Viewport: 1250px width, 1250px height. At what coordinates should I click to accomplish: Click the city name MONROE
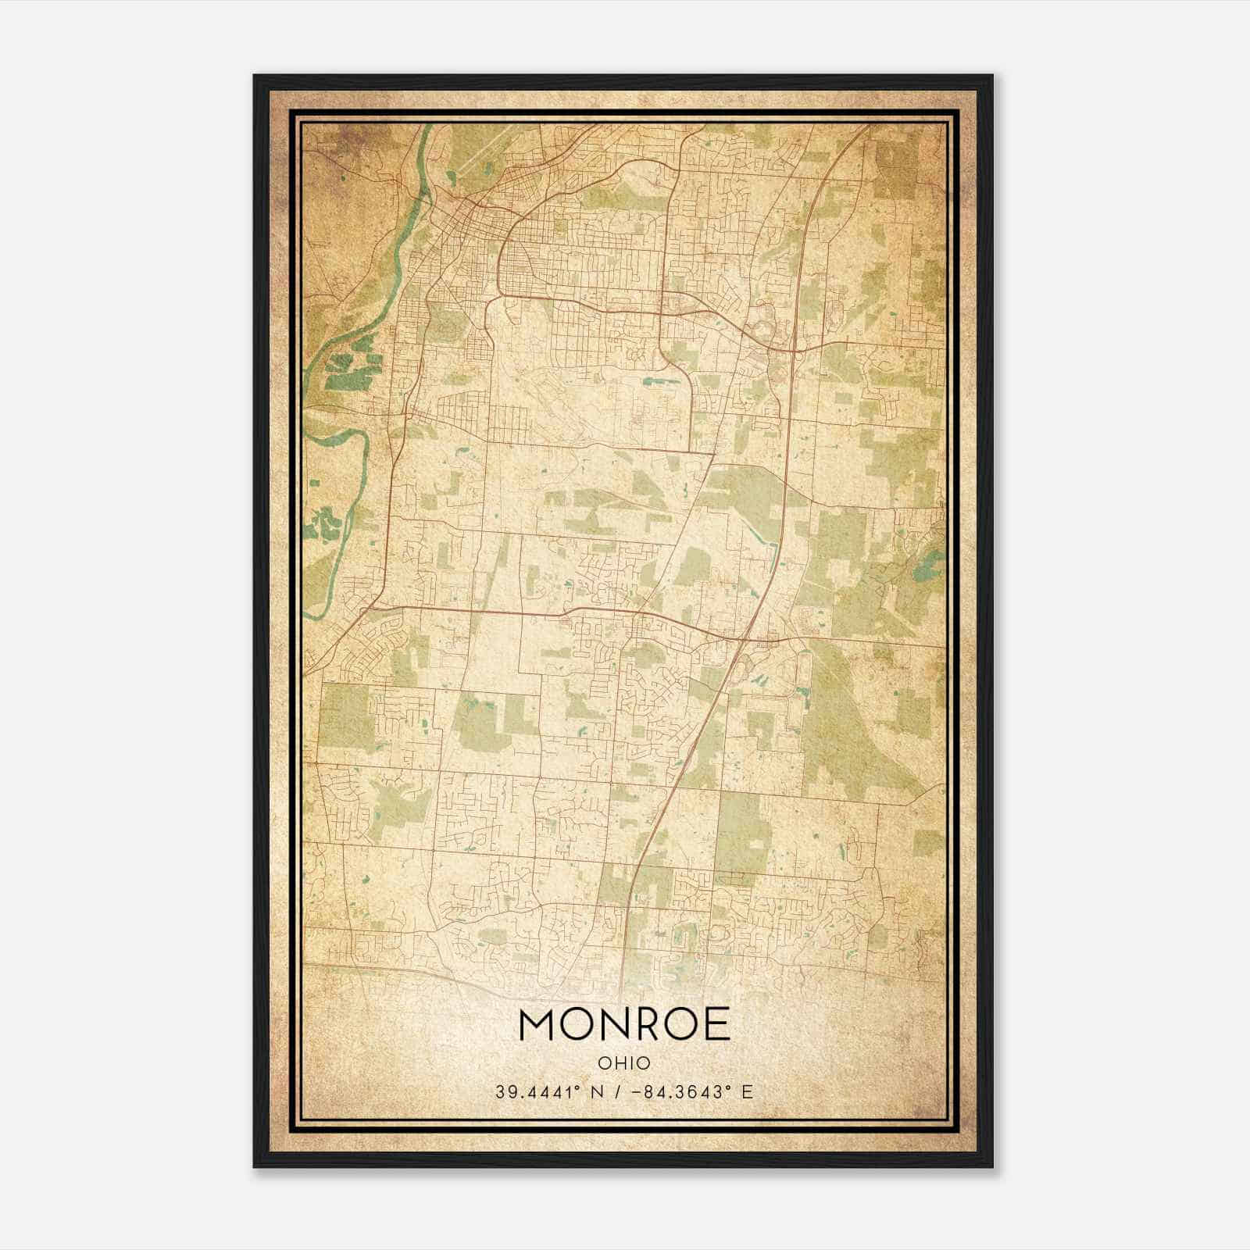(x=624, y=1024)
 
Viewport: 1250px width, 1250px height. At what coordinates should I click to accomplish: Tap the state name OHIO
(x=624, y=1063)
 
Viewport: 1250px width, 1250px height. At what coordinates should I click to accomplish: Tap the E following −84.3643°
(x=748, y=1092)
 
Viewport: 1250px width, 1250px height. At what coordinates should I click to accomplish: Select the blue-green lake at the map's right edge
(x=931, y=559)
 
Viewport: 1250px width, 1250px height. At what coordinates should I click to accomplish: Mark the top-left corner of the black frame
(x=255, y=76)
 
